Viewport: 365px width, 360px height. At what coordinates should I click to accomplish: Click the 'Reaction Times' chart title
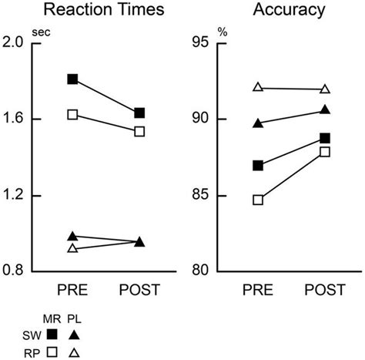click(95, 11)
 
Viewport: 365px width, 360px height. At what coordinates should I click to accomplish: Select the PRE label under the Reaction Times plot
click(73, 291)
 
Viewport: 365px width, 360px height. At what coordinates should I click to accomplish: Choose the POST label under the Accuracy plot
click(324, 291)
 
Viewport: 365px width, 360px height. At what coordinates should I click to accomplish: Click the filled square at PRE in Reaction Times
click(73, 79)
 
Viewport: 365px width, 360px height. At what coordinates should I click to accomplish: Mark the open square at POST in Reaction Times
click(140, 131)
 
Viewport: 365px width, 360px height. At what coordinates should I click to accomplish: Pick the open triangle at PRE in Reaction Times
click(73, 248)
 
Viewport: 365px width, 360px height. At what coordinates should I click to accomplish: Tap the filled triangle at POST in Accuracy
click(324, 110)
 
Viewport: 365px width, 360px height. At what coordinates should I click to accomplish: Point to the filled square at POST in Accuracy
click(324, 138)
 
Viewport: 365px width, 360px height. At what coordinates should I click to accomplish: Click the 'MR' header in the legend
click(52, 318)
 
